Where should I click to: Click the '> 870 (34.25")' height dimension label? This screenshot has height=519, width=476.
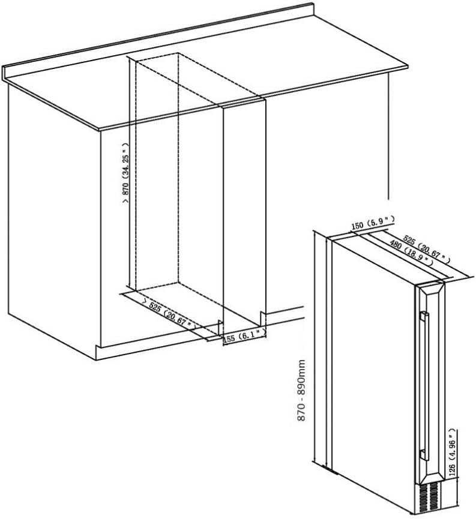(x=125, y=174)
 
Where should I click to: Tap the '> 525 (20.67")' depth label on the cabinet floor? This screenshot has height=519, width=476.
(x=169, y=314)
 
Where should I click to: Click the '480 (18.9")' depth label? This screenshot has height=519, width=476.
(x=411, y=252)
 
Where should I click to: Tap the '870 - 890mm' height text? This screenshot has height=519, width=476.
(x=301, y=391)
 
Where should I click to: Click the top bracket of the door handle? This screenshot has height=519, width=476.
(x=424, y=316)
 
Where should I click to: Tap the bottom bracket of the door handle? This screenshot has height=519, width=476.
(x=424, y=455)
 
